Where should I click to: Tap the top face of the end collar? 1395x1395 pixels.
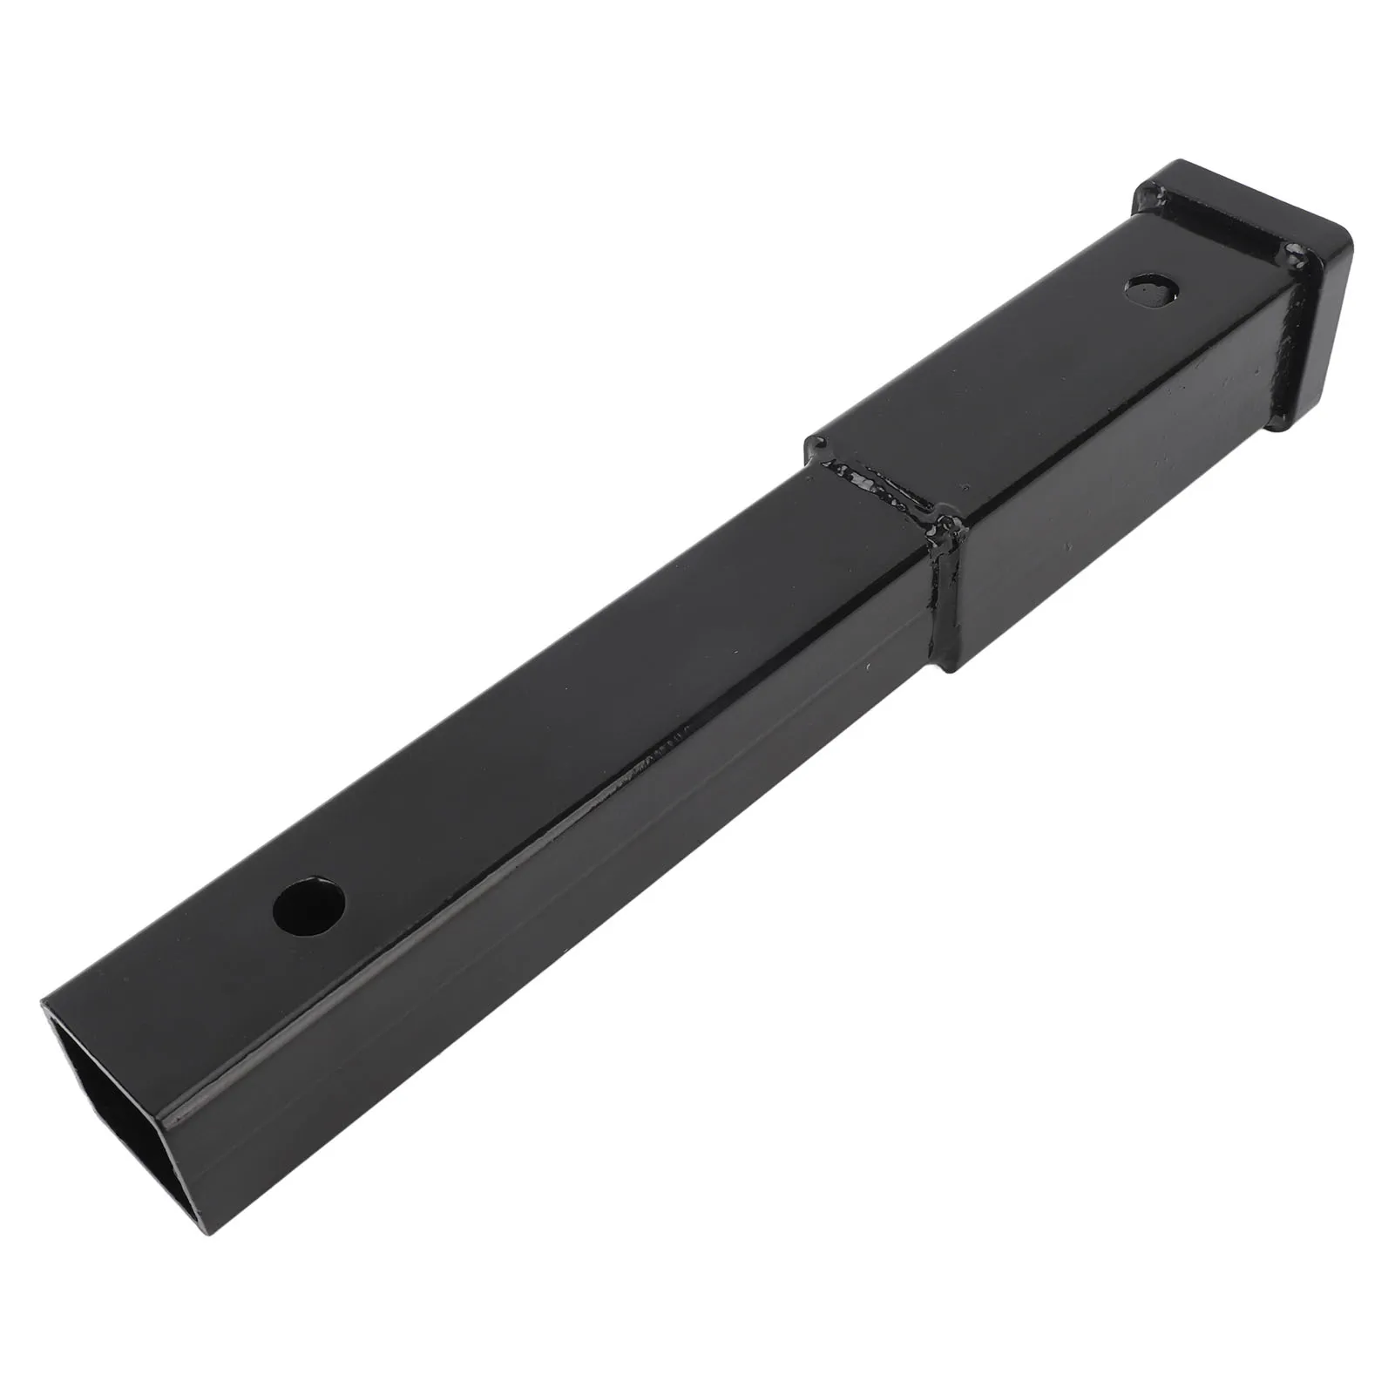tap(1237, 196)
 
